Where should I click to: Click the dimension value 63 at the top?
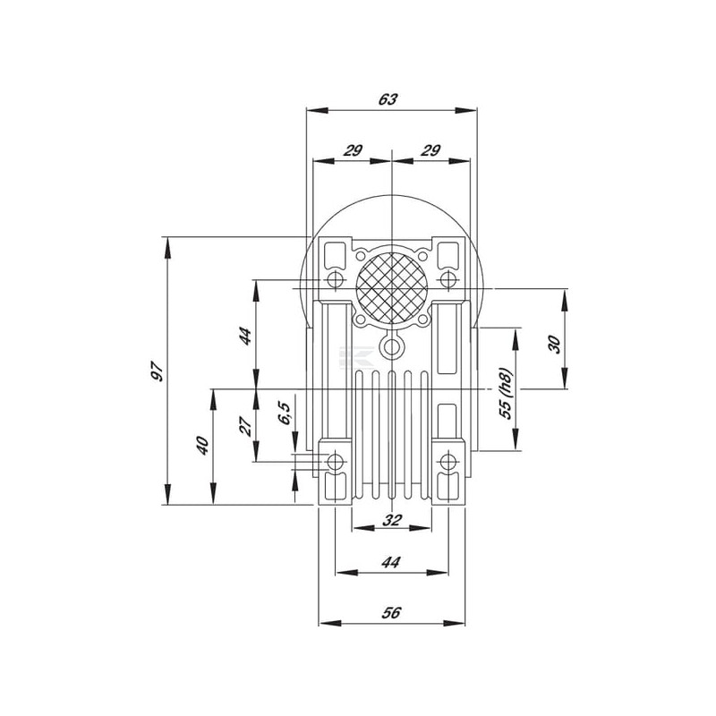(388, 99)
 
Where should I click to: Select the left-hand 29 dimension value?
(353, 150)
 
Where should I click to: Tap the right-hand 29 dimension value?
(430, 150)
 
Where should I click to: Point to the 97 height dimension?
(158, 371)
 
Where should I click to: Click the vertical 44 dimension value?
(245, 337)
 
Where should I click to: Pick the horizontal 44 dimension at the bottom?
(391, 562)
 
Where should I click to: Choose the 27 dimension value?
(245, 426)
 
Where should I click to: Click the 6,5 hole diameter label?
(284, 413)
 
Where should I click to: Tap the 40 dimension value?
(202, 445)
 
